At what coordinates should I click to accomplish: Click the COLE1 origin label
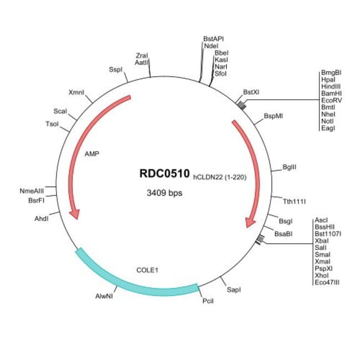pos(147,270)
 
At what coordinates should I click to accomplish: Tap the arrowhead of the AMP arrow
pos(73,213)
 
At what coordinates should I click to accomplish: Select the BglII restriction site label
pos(289,166)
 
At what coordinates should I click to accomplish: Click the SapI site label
pos(234,290)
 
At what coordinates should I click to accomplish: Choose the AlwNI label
pos(105,296)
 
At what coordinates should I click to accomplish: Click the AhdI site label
pos(42,218)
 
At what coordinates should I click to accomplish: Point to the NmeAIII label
pos(31,191)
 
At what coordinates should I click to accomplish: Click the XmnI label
pos(76,92)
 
